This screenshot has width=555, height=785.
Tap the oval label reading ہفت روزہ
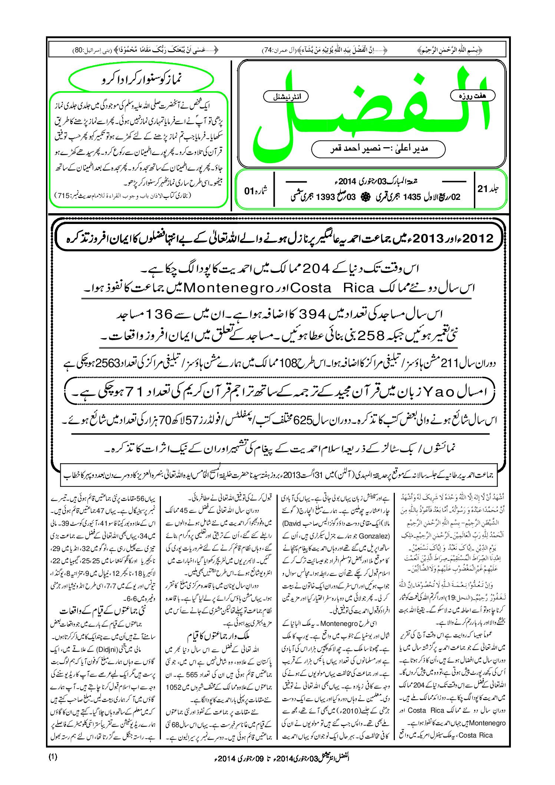[x=472, y=96]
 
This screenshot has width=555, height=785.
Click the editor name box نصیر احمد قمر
[x=378, y=149]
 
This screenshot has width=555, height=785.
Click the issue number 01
[x=249, y=191]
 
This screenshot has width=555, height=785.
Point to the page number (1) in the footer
[x=53, y=757]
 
